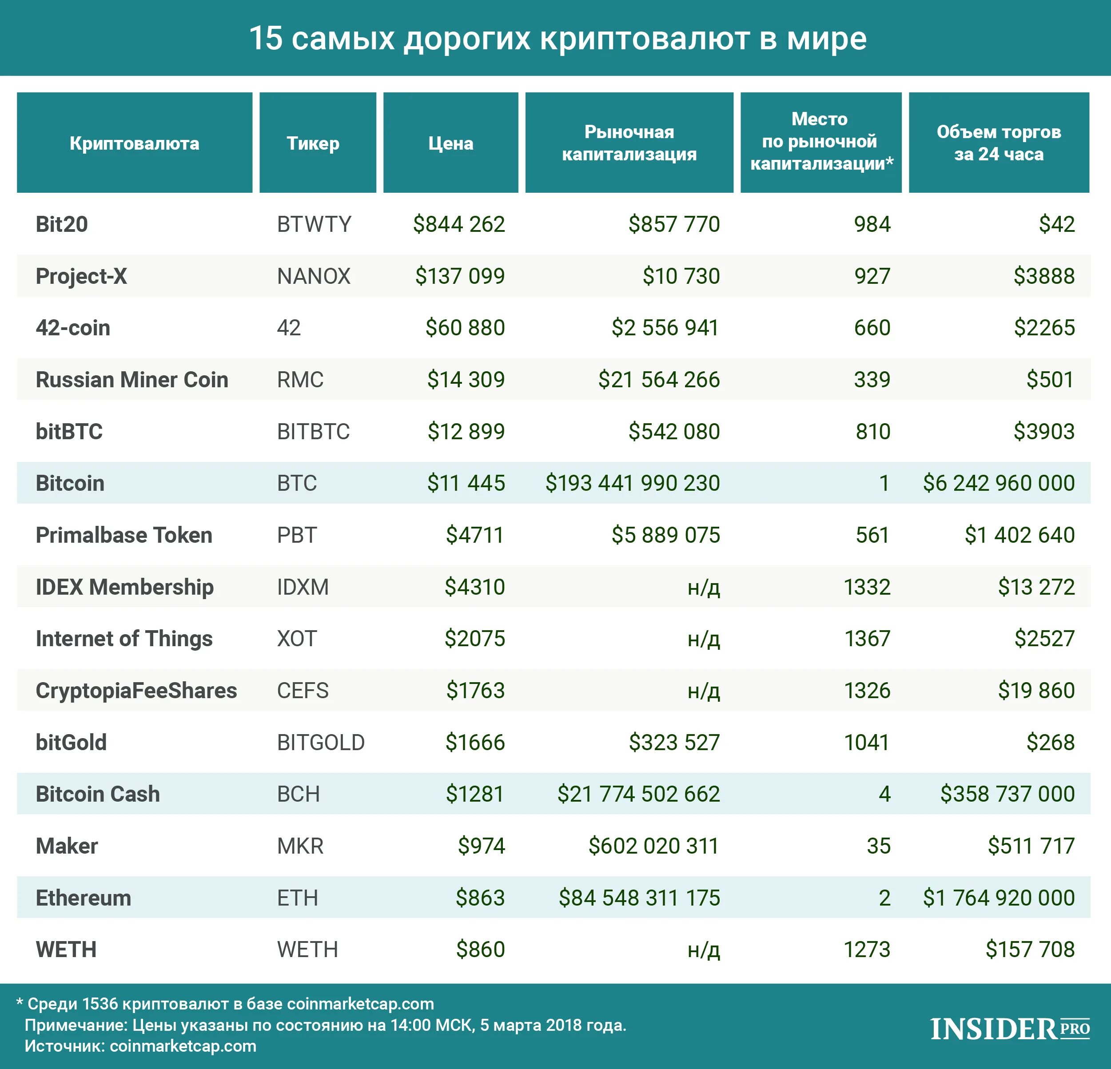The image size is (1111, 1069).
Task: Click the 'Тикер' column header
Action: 313,143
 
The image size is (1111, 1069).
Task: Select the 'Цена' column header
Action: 450,143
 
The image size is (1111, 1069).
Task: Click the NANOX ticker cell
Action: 314,277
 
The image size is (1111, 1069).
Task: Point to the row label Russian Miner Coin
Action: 131,380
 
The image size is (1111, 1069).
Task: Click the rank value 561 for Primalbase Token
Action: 872,535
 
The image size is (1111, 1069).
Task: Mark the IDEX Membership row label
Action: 125,587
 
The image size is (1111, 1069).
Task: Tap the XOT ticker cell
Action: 296,639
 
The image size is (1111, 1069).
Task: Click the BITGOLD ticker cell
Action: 321,743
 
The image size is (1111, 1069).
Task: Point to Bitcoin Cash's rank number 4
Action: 884,794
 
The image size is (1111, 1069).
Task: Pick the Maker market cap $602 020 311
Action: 653,846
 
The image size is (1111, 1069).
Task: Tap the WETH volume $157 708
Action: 1030,950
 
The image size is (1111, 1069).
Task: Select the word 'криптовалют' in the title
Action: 645,39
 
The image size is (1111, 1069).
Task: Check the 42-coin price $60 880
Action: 465,328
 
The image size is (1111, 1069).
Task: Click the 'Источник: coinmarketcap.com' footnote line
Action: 140,1046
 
